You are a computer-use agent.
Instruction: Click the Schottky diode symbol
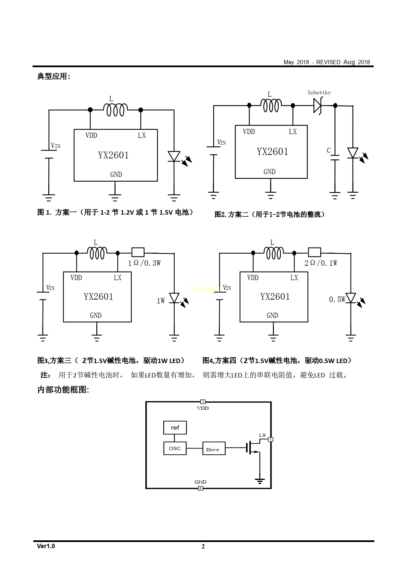click(317, 106)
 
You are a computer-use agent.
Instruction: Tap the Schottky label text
click(319, 93)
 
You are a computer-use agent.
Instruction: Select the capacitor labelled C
click(335, 158)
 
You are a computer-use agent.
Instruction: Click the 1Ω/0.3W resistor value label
click(144, 263)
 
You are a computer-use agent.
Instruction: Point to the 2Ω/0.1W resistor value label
click(321, 263)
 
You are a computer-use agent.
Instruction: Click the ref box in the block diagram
click(175, 428)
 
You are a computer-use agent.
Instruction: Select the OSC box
click(175, 448)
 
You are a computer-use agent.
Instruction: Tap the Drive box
click(214, 449)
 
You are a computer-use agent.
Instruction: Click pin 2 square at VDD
click(203, 402)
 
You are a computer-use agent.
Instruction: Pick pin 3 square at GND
click(201, 488)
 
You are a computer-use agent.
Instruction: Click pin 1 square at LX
click(271, 440)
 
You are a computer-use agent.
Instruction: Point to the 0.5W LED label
click(337, 299)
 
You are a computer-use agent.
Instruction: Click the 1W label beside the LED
click(160, 301)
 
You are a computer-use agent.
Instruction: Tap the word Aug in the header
click(349, 62)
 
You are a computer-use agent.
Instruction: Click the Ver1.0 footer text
click(46, 546)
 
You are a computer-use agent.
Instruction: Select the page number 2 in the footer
click(203, 547)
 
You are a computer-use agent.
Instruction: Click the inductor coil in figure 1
click(116, 110)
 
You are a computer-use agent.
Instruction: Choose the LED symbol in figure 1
click(174, 156)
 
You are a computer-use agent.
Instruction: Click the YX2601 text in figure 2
click(273, 152)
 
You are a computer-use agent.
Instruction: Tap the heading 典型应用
click(53, 76)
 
